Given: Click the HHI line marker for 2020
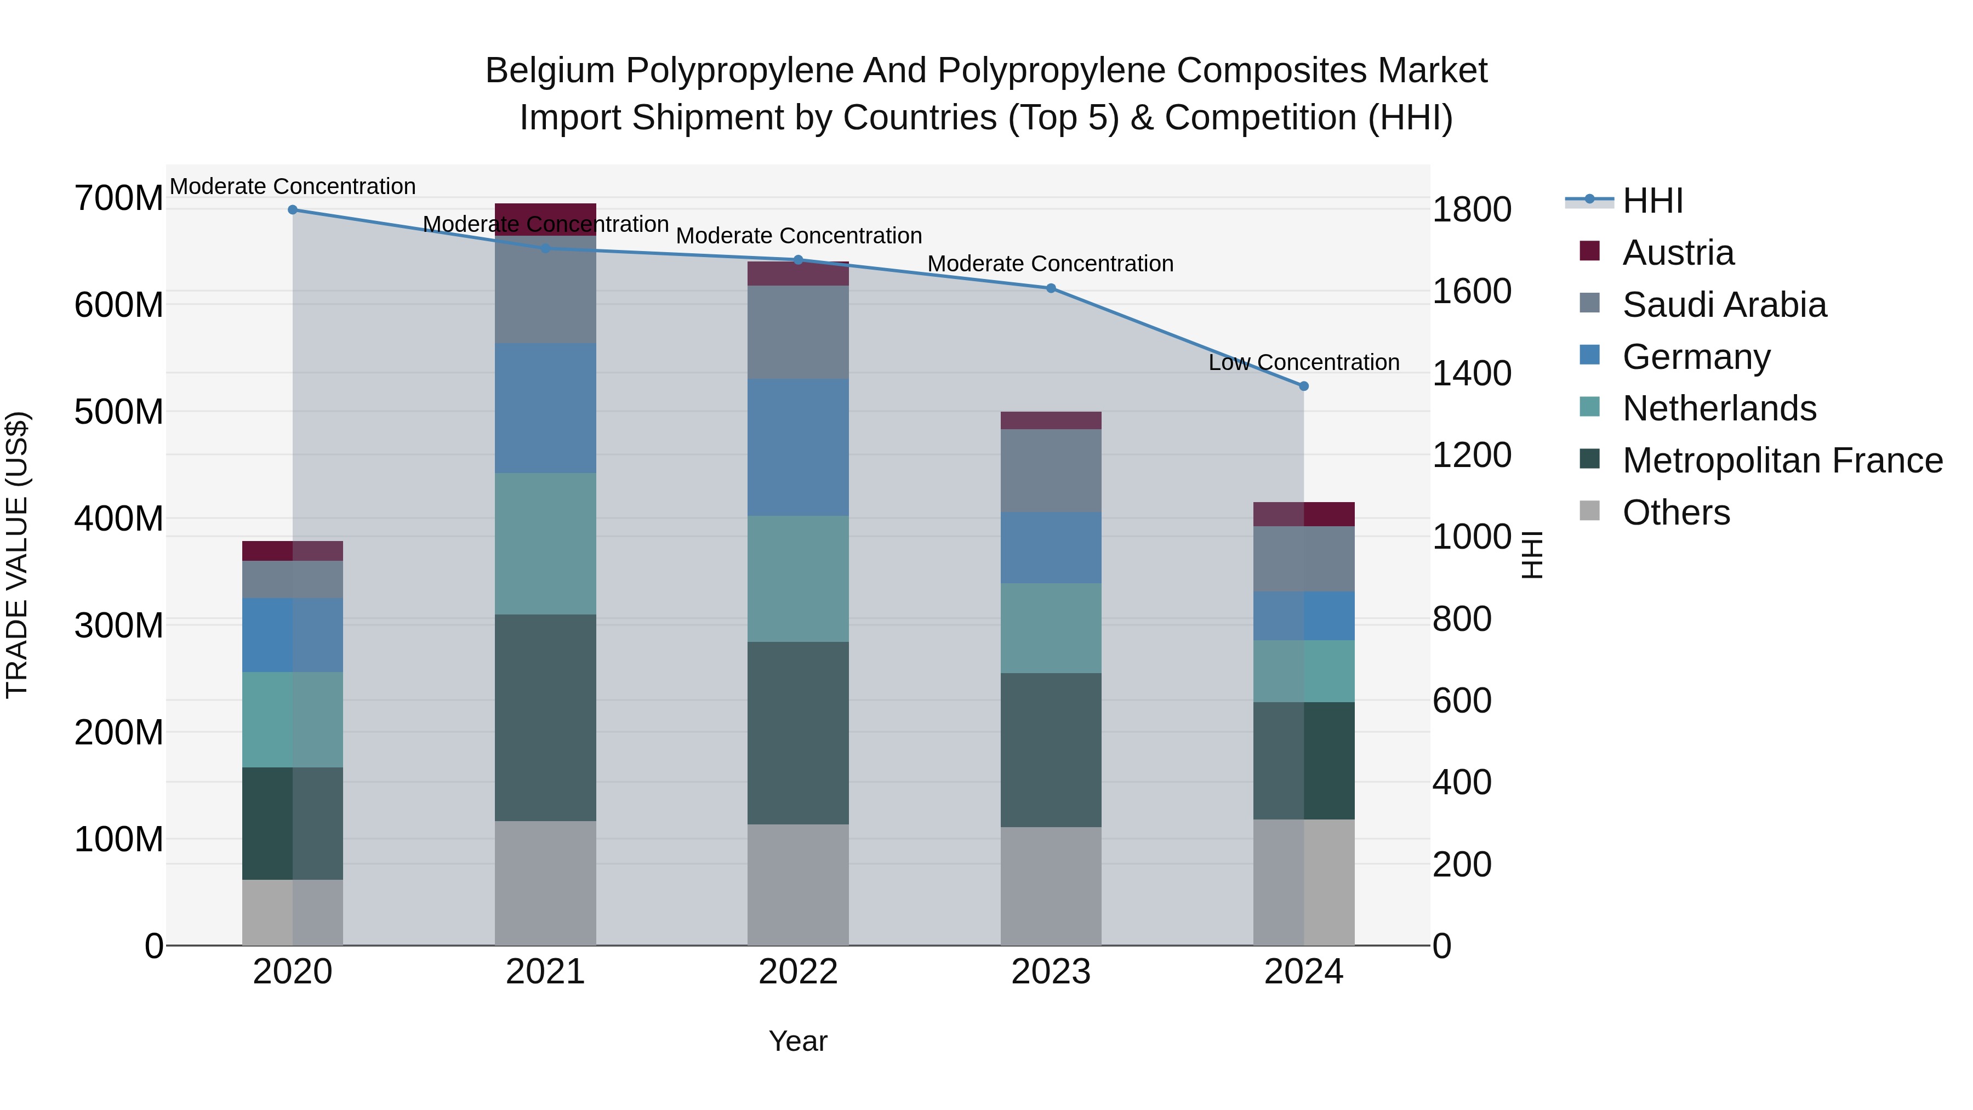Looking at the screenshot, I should coord(293,210).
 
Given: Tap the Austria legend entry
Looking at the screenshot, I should coord(1678,253).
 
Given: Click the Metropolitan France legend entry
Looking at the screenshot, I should coord(1782,460).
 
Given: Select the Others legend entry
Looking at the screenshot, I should coord(1676,513).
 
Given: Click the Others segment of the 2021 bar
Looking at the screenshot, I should coord(545,883).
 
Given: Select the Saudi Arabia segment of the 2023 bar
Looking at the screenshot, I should coord(1051,470).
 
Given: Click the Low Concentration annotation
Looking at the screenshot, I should coord(1304,362).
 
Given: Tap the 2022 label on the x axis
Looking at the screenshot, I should coord(798,972).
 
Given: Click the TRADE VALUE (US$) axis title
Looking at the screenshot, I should coord(17,555).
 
